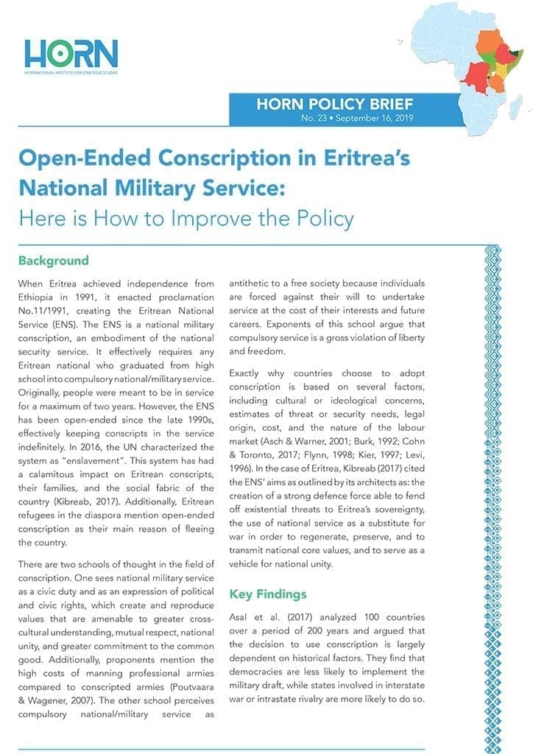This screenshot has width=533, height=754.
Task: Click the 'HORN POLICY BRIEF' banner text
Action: [334, 104]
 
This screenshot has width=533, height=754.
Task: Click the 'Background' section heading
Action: [54, 261]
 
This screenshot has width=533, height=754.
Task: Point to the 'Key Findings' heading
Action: [268, 593]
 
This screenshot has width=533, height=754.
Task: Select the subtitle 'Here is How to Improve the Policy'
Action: [186, 218]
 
